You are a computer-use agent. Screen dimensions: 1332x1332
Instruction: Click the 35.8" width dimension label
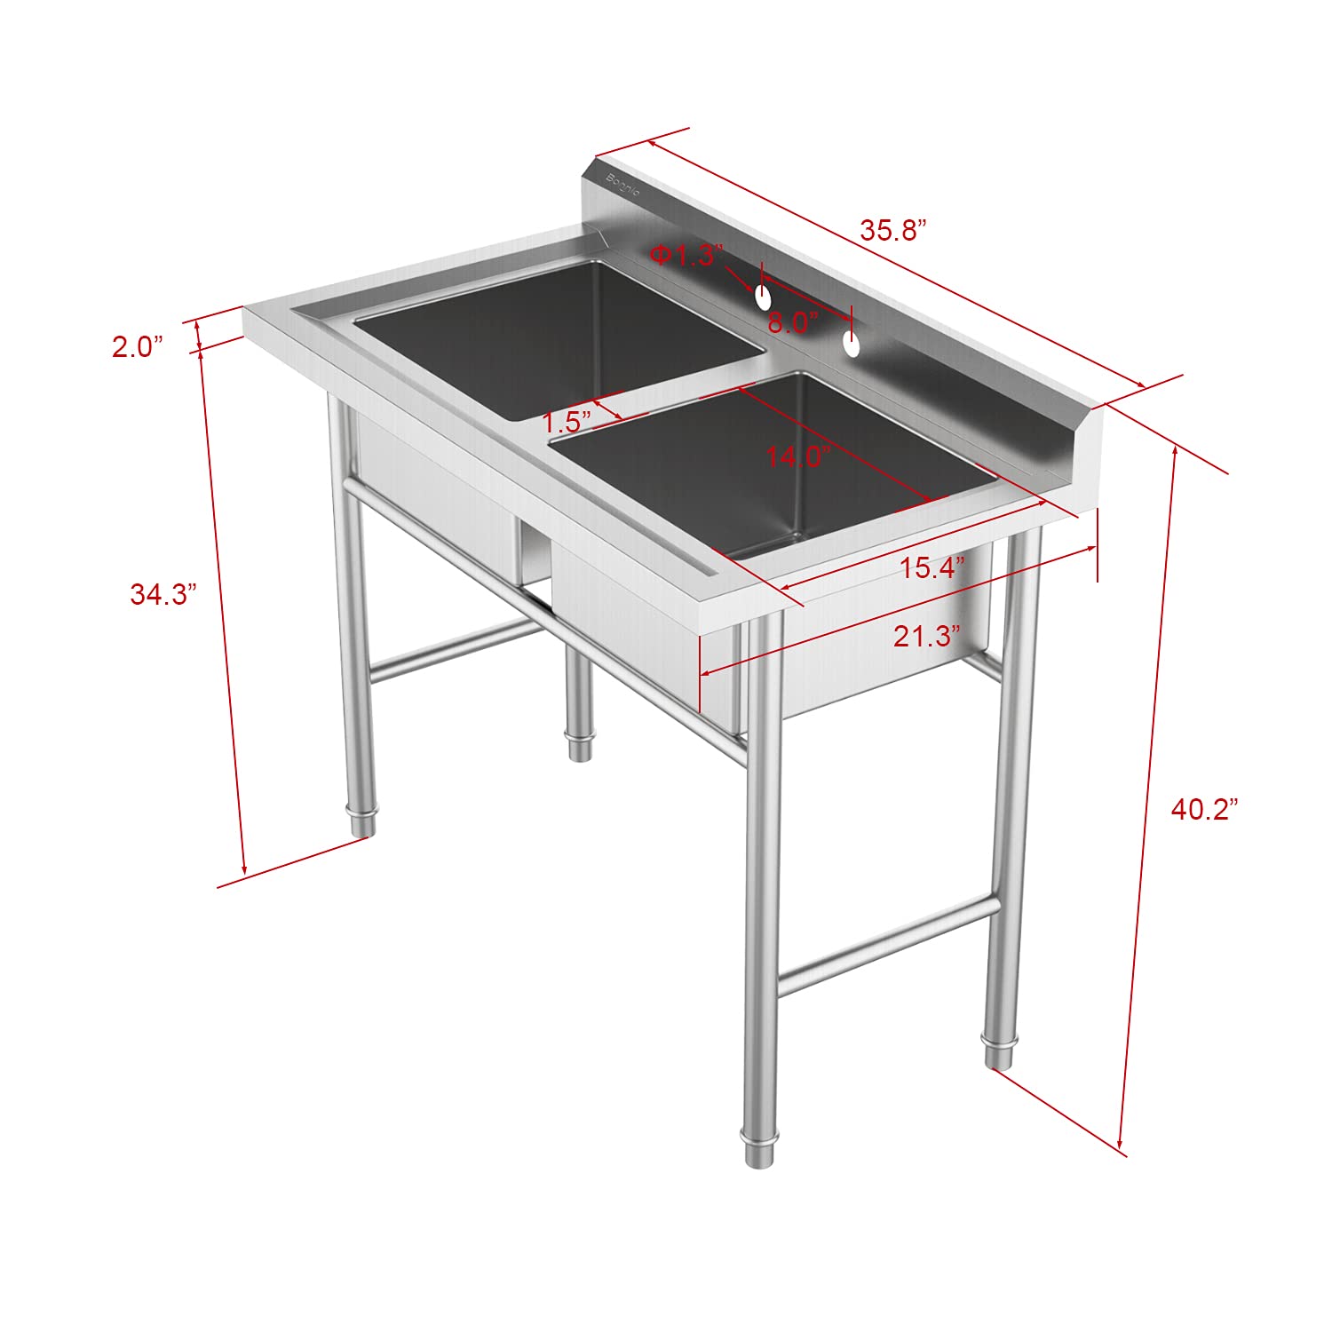(892, 230)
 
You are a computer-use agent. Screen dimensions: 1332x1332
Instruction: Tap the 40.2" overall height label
(1203, 809)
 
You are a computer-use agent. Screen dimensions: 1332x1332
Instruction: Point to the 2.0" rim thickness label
(138, 346)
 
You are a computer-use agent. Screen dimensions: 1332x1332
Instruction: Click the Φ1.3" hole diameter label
(686, 256)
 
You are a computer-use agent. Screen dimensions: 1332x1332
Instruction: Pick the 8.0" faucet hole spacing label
(792, 322)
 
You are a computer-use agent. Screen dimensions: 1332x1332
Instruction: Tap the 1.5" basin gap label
(567, 421)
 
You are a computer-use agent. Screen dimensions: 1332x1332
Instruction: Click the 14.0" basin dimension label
(797, 456)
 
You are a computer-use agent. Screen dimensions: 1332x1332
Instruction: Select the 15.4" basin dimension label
(932, 567)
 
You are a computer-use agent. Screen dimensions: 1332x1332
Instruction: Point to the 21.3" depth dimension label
(927, 636)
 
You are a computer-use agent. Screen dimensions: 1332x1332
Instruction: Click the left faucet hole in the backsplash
(763, 297)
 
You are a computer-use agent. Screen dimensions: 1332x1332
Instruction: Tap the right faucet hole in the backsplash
(852, 345)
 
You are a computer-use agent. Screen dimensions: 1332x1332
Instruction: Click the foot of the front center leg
(757, 1152)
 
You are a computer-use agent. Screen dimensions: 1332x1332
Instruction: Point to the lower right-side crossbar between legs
(888, 945)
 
